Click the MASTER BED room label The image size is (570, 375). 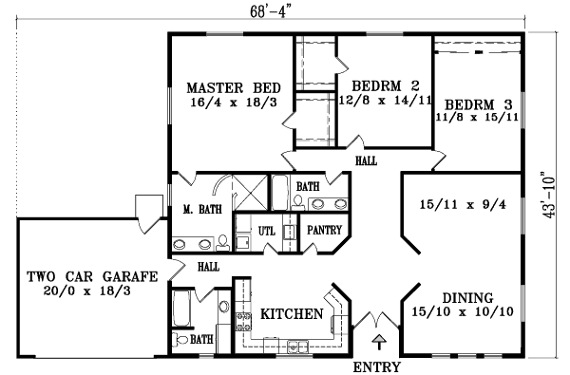232,85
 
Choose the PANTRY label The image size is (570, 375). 321,230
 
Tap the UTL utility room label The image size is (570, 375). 267,230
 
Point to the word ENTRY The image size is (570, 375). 376,366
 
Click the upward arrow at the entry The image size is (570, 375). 379,339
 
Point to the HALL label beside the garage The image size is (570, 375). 209,268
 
